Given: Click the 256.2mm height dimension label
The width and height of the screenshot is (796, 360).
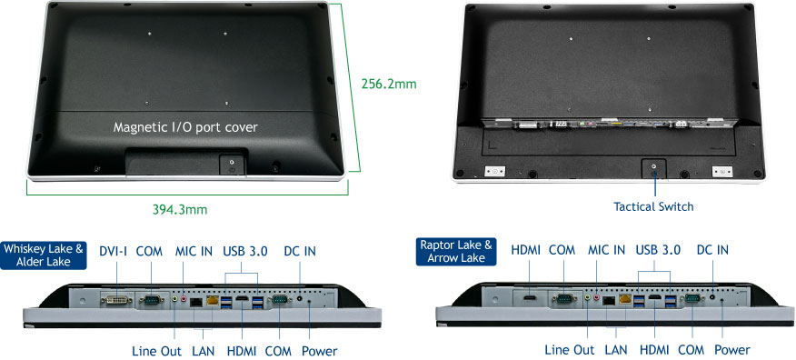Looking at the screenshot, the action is click(389, 84).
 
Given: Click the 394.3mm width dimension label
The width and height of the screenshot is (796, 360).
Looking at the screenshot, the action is click(180, 209).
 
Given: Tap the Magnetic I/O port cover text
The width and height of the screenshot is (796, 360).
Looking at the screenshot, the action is click(185, 127).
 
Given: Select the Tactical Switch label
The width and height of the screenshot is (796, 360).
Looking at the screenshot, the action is click(653, 206).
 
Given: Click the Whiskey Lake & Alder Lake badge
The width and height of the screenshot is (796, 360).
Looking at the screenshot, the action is click(43, 255).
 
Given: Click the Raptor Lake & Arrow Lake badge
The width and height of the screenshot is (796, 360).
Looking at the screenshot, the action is click(456, 251).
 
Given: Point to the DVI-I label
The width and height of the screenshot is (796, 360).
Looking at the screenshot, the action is click(114, 251).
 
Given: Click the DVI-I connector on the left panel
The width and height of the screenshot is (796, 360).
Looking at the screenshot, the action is click(116, 300).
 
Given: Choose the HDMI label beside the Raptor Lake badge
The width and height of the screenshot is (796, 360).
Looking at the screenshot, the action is click(526, 250).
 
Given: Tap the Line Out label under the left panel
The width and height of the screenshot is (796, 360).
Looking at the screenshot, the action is click(156, 351).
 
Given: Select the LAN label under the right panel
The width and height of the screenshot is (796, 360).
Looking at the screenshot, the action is click(616, 350).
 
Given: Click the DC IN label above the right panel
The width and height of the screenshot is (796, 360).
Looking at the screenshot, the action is click(712, 250).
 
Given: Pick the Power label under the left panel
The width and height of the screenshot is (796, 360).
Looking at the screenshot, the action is click(319, 351).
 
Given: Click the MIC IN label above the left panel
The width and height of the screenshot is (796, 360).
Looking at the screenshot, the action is click(194, 251).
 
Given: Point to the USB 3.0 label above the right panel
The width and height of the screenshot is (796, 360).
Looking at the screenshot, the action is click(658, 250).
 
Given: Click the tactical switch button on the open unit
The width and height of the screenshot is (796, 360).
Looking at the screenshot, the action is click(654, 168).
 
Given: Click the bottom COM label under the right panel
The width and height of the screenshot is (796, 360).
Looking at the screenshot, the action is click(691, 350).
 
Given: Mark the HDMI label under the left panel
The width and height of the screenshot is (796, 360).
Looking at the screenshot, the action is click(242, 351).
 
